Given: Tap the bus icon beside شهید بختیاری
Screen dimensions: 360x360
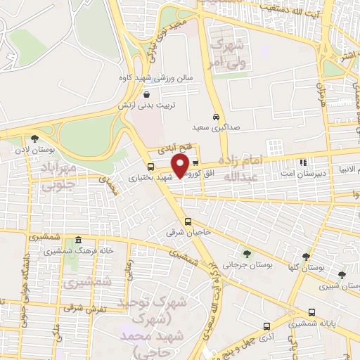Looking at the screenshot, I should click(x=150, y=167).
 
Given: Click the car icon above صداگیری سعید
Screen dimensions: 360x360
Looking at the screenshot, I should click(x=215, y=117).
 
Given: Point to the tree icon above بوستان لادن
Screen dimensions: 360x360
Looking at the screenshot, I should click(x=34, y=139).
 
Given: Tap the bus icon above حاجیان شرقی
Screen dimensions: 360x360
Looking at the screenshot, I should click(x=187, y=222).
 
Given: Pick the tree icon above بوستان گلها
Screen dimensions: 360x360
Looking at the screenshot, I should click(x=306, y=257).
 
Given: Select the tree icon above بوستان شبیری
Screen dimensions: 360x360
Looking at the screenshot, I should click(x=342, y=275).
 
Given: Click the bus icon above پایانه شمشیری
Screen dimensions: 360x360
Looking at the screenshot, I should click(x=311, y=312).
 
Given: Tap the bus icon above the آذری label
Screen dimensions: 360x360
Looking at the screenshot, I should click(x=266, y=326).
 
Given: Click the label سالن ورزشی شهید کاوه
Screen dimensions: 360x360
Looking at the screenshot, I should click(x=171, y=79).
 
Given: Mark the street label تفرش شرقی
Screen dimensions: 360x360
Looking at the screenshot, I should click(x=84, y=308).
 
